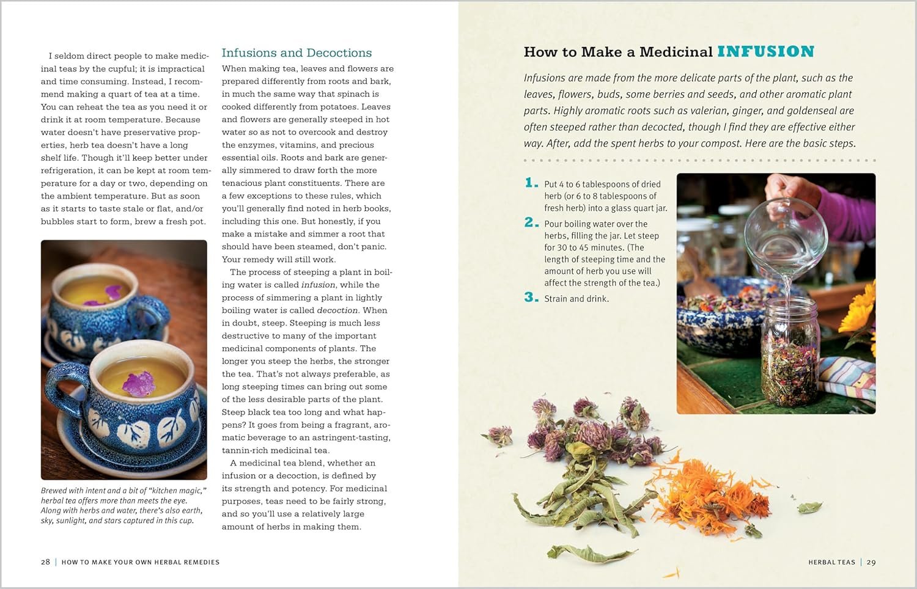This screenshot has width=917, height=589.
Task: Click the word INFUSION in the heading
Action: [x=765, y=51]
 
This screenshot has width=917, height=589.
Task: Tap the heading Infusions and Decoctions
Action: [x=296, y=53]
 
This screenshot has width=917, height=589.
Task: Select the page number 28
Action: [x=45, y=562]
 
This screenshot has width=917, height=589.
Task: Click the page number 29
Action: [x=871, y=562]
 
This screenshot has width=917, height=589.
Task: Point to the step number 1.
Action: [x=531, y=183]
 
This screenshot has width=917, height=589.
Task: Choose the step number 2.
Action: [x=531, y=222]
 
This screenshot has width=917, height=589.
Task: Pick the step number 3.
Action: [x=531, y=297]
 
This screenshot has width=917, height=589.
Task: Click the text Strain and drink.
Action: [x=576, y=299]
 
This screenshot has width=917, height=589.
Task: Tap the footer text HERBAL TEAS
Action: [x=832, y=562]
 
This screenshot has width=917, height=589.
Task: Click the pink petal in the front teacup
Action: [x=139, y=384]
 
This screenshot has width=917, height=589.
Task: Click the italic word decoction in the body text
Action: [x=337, y=310]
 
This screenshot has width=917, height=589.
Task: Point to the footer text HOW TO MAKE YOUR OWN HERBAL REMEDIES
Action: [x=141, y=562]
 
